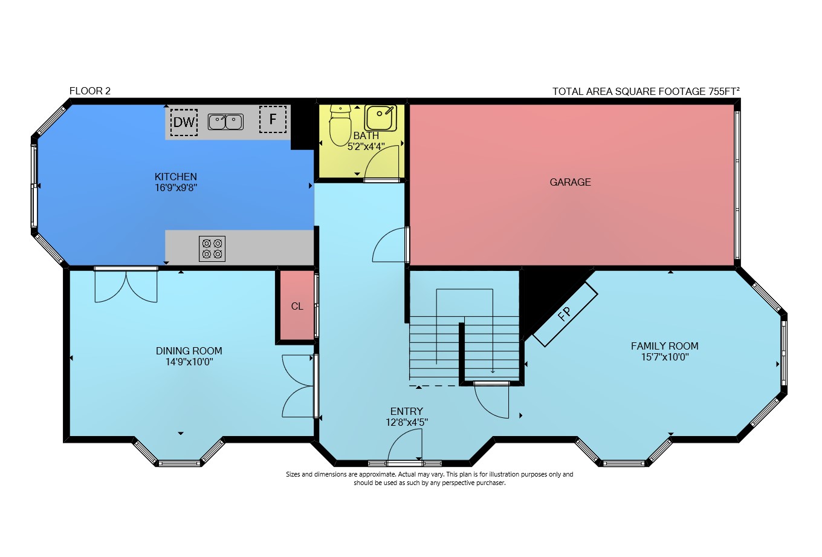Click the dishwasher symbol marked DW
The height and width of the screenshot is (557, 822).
click(x=184, y=122)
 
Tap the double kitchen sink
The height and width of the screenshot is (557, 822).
click(x=225, y=122)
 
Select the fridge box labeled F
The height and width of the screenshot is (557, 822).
click(x=273, y=119)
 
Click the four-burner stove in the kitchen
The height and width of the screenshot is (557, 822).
click(x=212, y=249)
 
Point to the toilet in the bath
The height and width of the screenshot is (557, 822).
click(x=340, y=125)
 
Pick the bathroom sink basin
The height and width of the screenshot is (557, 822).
click(x=381, y=118)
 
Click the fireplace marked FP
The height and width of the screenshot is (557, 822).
click(x=565, y=314)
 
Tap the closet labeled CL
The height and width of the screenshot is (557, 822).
click(x=297, y=306)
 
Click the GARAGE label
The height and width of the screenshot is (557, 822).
click(x=571, y=182)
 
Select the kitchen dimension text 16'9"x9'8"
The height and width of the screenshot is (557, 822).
click(x=176, y=188)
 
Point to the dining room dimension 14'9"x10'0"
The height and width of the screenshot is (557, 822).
click(x=189, y=362)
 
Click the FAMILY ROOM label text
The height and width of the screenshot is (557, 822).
click(x=665, y=346)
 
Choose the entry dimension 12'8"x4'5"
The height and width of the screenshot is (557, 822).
click(x=407, y=422)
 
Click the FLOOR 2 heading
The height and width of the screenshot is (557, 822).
click(x=90, y=91)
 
